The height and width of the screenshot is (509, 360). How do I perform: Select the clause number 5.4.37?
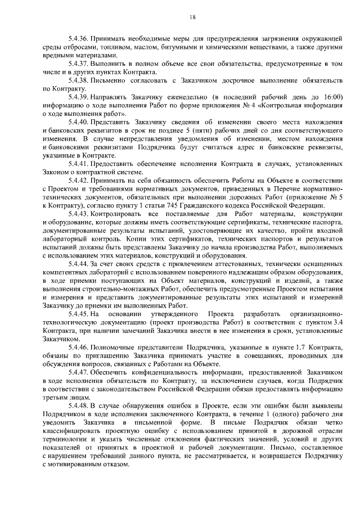(78, 65)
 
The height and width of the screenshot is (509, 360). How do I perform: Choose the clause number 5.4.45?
(78, 313)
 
